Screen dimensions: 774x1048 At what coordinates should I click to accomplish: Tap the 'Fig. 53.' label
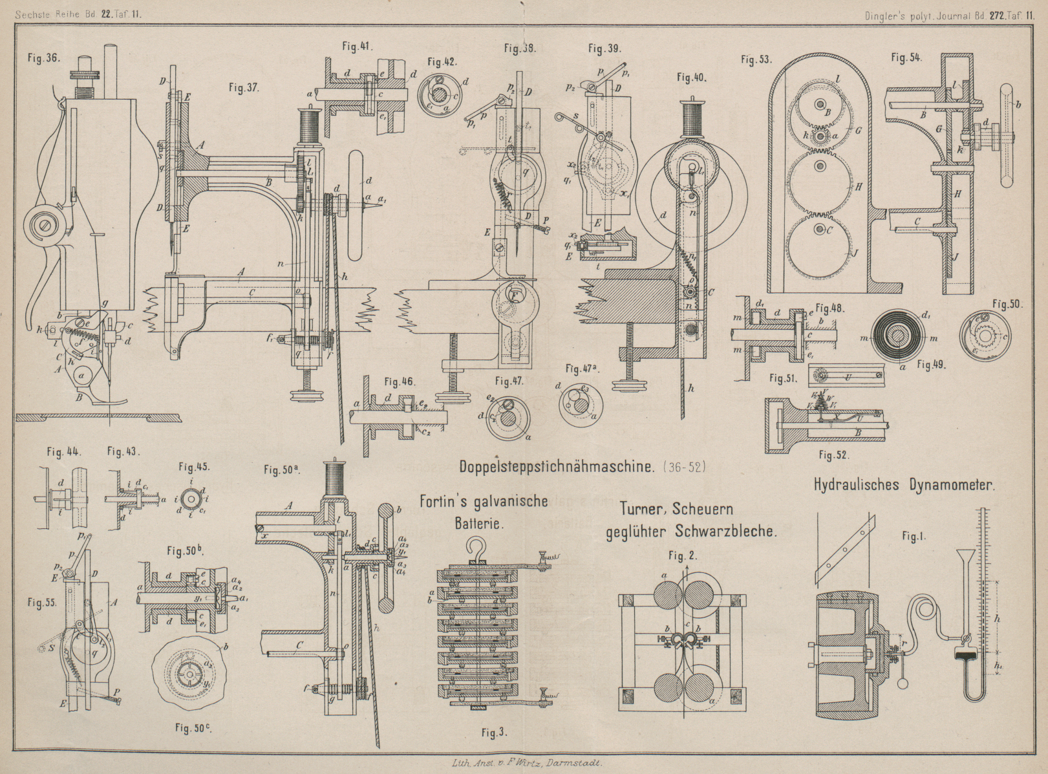(x=756, y=59)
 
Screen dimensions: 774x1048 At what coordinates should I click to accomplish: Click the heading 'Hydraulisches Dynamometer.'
(x=903, y=485)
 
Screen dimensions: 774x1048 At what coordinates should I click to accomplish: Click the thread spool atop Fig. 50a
(x=334, y=480)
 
